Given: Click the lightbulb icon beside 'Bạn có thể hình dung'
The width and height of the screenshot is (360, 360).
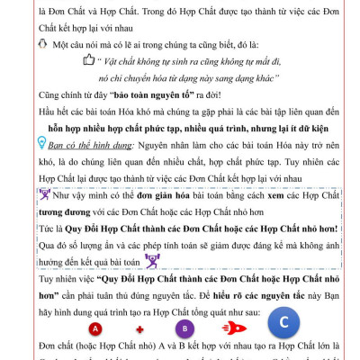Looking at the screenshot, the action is pyautogui.click(x=41, y=143).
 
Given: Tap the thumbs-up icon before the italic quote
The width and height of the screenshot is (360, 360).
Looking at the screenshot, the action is pyautogui.click(x=88, y=60).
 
